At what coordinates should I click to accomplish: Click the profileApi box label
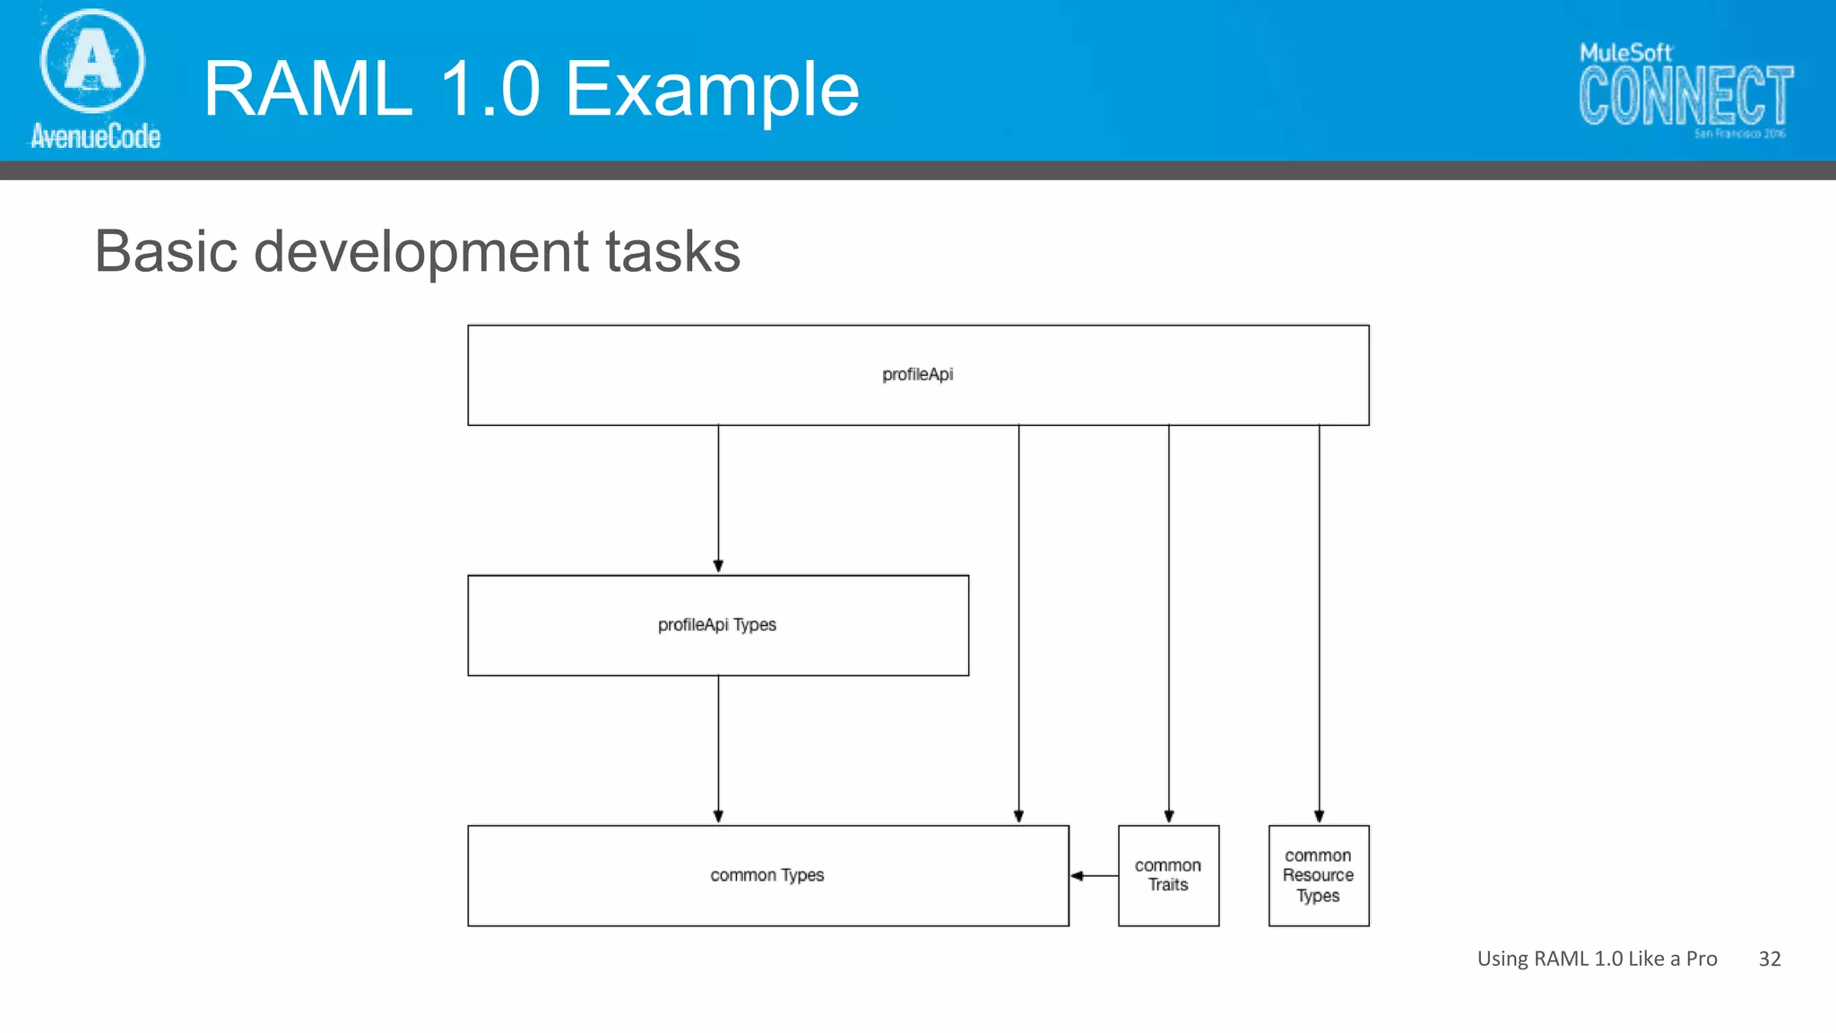point(917,375)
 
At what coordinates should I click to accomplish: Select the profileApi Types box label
point(716,625)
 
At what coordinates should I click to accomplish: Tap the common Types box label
point(766,875)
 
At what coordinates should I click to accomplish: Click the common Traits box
point(1168,875)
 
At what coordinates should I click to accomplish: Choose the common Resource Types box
point(1318,875)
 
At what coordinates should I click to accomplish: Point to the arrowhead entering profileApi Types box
point(718,566)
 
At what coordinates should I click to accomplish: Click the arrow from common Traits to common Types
point(1094,875)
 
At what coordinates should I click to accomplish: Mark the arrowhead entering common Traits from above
point(1168,816)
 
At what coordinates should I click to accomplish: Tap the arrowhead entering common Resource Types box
point(1319,816)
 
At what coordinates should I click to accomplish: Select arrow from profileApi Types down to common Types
point(718,749)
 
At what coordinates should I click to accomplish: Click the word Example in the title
point(713,90)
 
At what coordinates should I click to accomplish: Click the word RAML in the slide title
point(308,90)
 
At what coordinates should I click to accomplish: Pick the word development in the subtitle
point(420,252)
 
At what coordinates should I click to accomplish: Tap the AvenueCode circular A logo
point(92,61)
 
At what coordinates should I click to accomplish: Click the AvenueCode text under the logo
point(95,136)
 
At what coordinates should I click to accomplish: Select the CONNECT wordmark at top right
point(1685,96)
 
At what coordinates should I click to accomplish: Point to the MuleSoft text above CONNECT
point(1624,53)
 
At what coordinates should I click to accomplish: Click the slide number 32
point(1769,959)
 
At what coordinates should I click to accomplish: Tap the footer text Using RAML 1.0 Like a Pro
point(1597,959)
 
